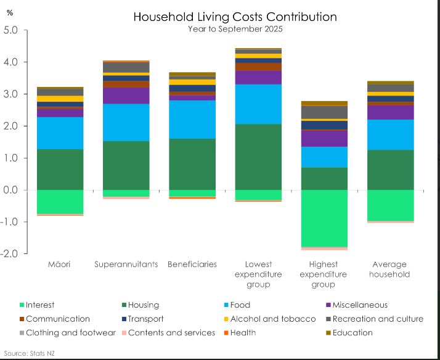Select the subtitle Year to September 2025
coord(235,28)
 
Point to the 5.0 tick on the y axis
coord(12,30)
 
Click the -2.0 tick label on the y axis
coord(11,253)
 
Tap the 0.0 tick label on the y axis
coord(12,190)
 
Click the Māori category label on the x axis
coord(60,264)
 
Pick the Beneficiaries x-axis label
coord(192,264)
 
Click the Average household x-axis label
coord(389,269)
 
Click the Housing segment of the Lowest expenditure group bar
coord(258,157)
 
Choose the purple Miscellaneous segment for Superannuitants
coord(126,96)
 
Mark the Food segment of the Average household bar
coord(389,135)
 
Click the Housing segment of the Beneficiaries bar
coord(192,164)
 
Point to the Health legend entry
coord(242,333)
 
